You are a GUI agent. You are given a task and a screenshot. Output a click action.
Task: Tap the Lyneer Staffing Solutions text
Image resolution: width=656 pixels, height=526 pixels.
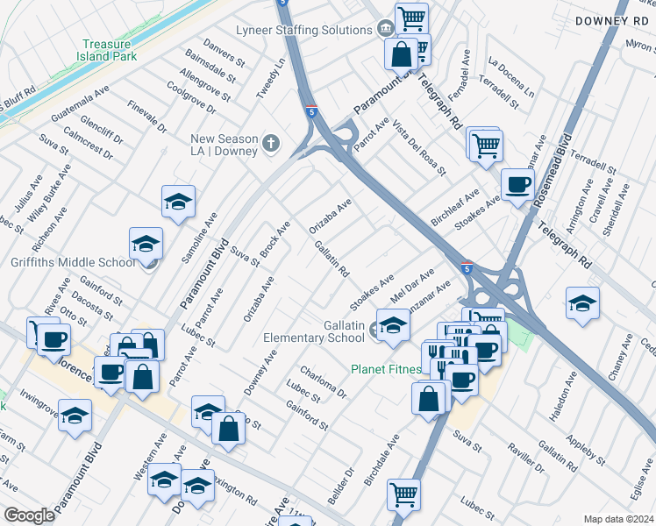coord(304,30)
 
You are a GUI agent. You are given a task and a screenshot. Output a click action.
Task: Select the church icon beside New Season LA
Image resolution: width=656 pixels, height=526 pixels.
coord(272,144)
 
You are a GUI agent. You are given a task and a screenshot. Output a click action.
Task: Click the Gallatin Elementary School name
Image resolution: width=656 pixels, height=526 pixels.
coord(314,331)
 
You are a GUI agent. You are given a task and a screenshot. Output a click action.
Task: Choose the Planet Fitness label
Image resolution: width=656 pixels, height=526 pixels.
coord(386,369)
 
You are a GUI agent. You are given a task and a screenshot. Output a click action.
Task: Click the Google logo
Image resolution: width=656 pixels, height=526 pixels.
coord(29,515)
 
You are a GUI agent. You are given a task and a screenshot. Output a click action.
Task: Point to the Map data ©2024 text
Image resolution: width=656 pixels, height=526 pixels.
coord(617,519)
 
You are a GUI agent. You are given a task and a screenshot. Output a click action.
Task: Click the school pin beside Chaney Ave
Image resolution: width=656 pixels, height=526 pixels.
coord(582,303)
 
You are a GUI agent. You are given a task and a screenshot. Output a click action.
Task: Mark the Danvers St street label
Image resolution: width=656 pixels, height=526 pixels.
coord(224,54)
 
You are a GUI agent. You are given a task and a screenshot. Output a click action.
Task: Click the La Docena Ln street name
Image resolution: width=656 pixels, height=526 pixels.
coord(511,77)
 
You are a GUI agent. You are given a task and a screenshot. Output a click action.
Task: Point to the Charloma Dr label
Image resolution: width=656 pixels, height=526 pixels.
coord(323,381)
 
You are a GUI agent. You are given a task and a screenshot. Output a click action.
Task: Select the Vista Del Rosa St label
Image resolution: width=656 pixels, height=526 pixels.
coord(419,146)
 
